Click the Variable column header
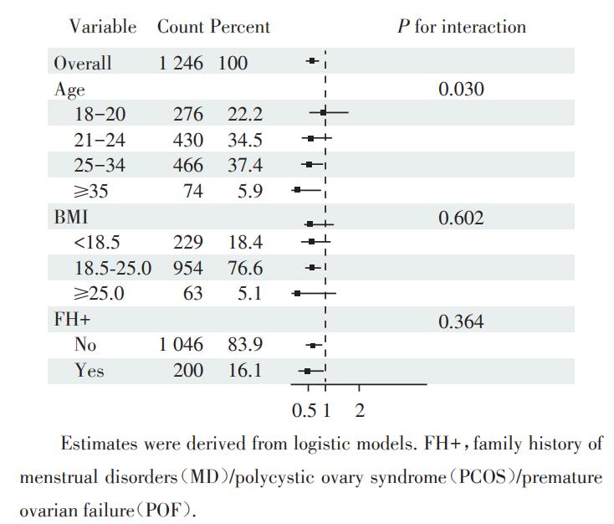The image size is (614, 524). tap(103, 27)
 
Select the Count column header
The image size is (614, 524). tap(181, 27)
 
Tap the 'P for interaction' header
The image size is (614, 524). tap(462, 27)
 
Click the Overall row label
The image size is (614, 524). tap(83, 63)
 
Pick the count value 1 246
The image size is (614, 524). tap(181, 63)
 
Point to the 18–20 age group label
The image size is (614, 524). tap(100, 114)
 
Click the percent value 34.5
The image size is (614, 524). tap(244, 140)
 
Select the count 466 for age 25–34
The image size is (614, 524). tap(188, 166)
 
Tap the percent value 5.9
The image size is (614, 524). tap(250, 192)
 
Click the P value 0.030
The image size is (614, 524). tap(461, 89)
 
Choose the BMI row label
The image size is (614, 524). tap(70, 218)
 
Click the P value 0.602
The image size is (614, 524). tap(461, 218)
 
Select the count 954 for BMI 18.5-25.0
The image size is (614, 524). tap(188, 269)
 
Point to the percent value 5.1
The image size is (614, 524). tap(250, 295)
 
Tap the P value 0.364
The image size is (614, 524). tap(461, 321)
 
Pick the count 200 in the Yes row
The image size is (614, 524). tap(188, 370)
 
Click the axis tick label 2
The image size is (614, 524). tap(360, 411)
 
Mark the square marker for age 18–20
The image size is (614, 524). tap(324, 111)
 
